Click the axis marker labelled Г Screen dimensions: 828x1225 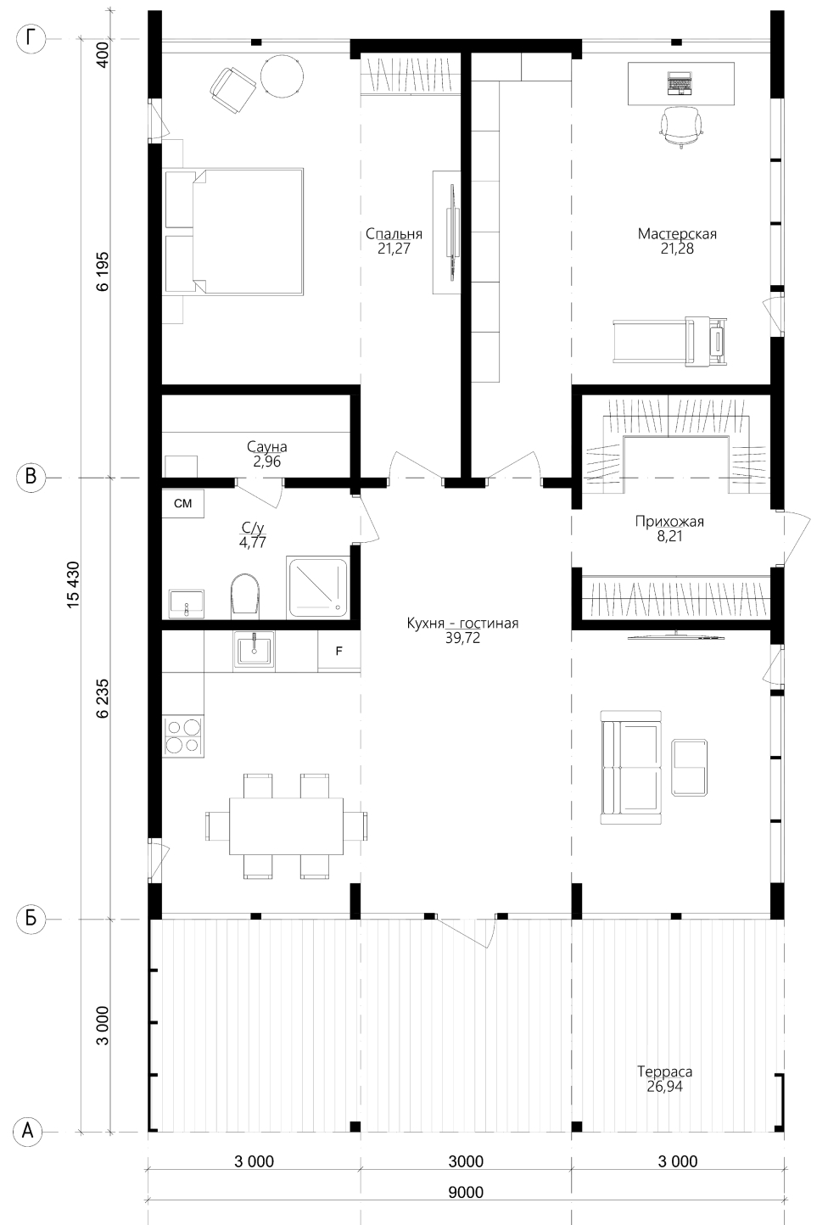tap(31, 38)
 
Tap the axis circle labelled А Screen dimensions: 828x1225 tap(31, 1130)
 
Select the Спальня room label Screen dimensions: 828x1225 tap(394, 234)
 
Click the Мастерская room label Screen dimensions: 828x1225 tap(677, 234)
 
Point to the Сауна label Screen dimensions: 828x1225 tap(267, 446)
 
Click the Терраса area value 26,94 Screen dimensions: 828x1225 tap(664, 1086)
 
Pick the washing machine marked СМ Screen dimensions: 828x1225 tap(182, 503)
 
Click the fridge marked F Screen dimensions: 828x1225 tap(339, 651)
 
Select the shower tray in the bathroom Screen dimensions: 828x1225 tap(317, 587)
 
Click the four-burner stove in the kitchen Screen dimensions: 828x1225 tap(183, 736)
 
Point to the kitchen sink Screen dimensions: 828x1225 tap(254, 650)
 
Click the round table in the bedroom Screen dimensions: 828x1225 tap(281, 78)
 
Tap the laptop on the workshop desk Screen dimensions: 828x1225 tap(680, 84)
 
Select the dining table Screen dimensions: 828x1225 tap(287, 825)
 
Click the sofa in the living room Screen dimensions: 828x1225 tap(631, 767)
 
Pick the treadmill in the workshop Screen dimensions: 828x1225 tap(670, 340)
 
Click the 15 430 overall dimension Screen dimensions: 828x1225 tap(74, 584)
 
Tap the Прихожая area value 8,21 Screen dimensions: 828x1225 tap(669, 536)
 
